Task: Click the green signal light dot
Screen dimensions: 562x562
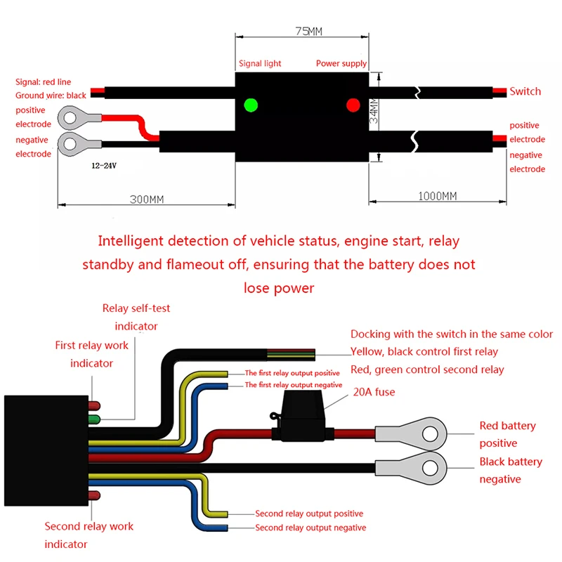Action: click(x=251, y=105)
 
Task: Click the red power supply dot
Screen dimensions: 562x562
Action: click(x=353, y=105)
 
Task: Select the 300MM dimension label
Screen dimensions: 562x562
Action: click(x=147, y=199)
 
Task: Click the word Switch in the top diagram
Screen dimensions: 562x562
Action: click(x=525, y=91)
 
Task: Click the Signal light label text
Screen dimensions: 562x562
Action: click(x=260, y=63)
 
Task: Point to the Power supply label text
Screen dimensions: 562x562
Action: click(x=341, y=63)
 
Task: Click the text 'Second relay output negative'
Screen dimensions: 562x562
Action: click(x=310, y=528)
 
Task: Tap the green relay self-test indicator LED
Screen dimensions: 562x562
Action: click(x=93, y=420)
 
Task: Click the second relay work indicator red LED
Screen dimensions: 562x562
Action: click(x=93, y=496)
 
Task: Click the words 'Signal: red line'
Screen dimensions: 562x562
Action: click(x=43, y=82)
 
